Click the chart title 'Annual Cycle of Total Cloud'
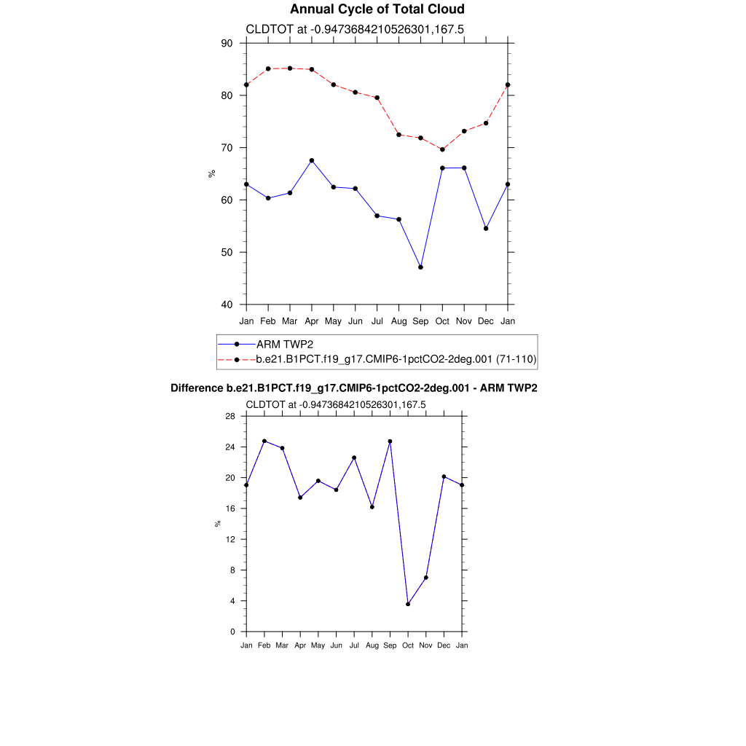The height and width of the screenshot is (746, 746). tap(377, 9)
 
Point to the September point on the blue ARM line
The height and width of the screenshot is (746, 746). tap(420, 267)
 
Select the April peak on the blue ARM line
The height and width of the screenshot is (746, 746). tap(312, 160)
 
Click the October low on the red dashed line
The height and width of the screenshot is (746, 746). tap(442, 149)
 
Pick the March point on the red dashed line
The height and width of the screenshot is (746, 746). tap(290, 68)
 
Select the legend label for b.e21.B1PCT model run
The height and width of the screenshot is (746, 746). tap(396, 359)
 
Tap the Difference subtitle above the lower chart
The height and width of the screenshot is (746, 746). tap(353, 388)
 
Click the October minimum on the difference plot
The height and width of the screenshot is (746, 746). tap(408, 604)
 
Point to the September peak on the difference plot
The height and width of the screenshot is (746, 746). tap(390, 441)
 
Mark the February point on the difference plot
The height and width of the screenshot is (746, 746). tap(264, 441)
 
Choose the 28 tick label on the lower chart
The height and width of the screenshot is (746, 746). tap(229, 416)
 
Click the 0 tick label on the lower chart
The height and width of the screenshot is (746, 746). tap(232, 632)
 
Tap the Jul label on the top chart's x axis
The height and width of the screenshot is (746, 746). tap(377, 321)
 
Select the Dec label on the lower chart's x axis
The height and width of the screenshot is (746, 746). tap(444, 645)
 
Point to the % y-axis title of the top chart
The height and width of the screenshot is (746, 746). tap(212, 173)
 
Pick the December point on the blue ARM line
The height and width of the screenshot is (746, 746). tap(486, 229)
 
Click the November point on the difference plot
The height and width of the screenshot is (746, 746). tap(426, 578)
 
